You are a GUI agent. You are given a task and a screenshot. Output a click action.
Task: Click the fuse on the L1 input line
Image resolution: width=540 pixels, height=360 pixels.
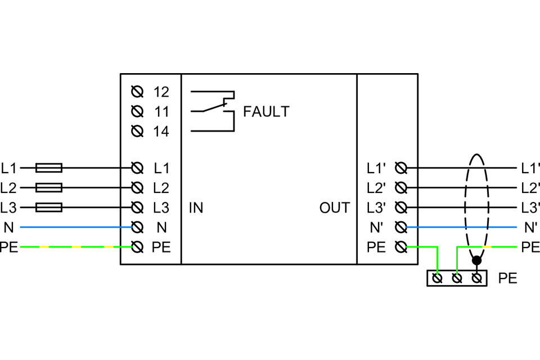point(49,168)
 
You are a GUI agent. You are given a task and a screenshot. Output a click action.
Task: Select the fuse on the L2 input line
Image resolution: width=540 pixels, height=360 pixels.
point(49,187)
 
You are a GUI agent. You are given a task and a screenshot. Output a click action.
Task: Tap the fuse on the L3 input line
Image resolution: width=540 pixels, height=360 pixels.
point(49,208)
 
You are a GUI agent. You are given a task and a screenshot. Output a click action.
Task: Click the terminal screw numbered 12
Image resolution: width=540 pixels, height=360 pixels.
point(136,91)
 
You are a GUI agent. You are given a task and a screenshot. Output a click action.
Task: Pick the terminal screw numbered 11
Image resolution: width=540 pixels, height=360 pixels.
point(136,111)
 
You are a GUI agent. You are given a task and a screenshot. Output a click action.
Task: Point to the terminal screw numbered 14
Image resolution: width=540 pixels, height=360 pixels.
point(136,132)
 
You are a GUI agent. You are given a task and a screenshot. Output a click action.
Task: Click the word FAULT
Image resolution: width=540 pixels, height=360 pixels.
point(266,112)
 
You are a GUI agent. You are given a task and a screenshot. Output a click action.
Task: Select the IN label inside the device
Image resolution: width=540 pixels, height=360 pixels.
point(196,208)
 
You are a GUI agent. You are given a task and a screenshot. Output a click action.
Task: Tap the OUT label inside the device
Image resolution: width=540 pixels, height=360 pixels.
point(335,208)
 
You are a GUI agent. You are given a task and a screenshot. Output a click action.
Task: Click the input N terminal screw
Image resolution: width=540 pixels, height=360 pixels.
point(136,227)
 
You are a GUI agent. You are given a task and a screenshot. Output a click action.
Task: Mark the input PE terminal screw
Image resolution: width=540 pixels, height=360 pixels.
point(136,247)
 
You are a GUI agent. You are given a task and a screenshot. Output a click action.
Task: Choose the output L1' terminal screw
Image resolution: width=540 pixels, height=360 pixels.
point(401,168)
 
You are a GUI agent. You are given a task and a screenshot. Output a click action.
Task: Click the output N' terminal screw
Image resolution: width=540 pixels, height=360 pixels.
point(401,227)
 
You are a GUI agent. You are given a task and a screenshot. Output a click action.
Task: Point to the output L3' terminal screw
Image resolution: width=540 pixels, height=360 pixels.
point(401,208)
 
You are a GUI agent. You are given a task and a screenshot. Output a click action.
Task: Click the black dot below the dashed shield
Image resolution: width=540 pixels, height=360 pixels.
point(476,260)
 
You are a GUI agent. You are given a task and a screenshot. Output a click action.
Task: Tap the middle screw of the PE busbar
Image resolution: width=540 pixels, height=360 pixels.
point(457,278)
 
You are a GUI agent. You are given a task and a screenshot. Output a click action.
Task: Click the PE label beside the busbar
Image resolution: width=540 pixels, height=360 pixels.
point(507,278)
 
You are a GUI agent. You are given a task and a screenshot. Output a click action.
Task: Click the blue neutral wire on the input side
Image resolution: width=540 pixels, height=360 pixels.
point(73,227)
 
